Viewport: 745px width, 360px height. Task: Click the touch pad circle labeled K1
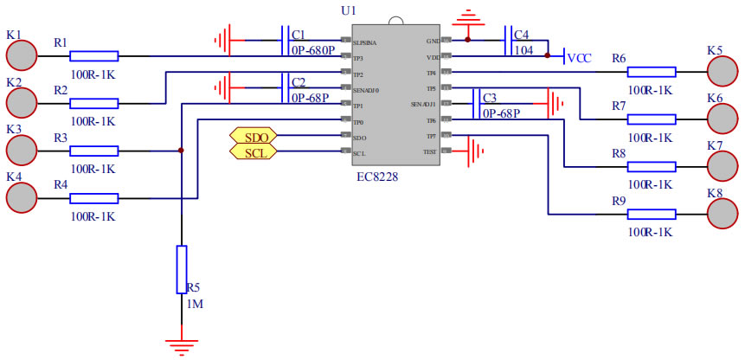[22, 55]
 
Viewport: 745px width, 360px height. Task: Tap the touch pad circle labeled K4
[22, 197]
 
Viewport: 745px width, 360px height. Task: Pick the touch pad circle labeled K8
[723, 213]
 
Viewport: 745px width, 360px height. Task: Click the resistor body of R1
[94, 56]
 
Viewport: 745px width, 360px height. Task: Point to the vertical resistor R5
[181, 269]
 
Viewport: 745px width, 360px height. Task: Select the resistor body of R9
[652, 214]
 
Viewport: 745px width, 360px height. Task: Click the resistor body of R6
[652, 72]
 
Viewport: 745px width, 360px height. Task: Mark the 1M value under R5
[196, 305]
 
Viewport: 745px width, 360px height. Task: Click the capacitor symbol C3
[476, 105]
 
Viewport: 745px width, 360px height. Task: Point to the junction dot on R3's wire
[181, 151]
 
